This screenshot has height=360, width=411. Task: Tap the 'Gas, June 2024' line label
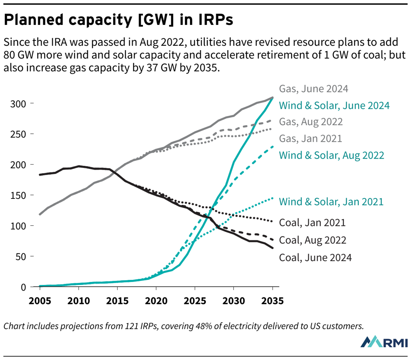click(x=313, y=89)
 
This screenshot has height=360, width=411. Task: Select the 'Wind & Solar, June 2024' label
click(x=334, y=105)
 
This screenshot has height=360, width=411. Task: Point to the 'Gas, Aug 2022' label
click(x=311, y=122)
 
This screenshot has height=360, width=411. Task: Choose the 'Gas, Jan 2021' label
click(x=310, y=138)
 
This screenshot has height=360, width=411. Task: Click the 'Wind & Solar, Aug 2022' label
click(x=331, y=155)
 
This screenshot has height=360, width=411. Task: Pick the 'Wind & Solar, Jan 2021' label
click(x=331, y=201)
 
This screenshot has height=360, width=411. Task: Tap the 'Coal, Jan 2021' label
click(x=312, y=222)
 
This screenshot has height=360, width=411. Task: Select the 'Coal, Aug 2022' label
click(x=312, y=240)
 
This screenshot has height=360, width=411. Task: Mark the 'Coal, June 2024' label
click(x=315, y=258)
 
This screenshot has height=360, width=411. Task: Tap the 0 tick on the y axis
click(x=24, y=287)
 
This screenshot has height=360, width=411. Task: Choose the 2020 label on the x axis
click(x=156, y=300)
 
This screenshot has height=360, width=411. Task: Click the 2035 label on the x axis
click(x=272, y=300)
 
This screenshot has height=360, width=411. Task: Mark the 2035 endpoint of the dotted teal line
click(x=272, y=198)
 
